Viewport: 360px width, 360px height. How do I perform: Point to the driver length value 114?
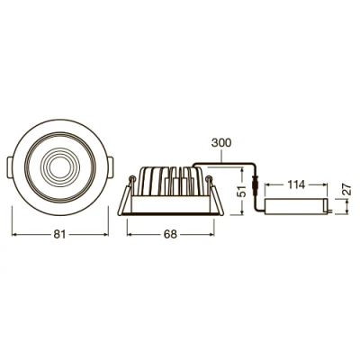pyautogui.click(x=294, y=185)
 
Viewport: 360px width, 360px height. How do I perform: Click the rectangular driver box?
pyautogui.click(x=298, y=205)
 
